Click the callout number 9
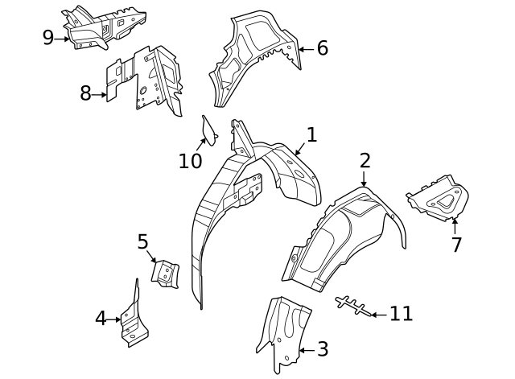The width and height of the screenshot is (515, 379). pos(48,38)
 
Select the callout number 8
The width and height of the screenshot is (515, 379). pos(85,93)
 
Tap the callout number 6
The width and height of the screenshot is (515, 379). pos(322,48)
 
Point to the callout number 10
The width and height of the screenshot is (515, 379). pos(190,161)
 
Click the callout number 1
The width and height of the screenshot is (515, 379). pos(311,135)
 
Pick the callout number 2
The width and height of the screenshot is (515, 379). pos(365,161)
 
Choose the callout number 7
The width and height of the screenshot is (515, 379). pos(456,245)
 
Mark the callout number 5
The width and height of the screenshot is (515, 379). pos(143,241)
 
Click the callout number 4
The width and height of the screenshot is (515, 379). pos(101,318)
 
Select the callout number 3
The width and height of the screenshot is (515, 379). pos(323,349)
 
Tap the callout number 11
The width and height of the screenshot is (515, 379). pos(401,314)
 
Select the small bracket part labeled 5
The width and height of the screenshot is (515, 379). pos(165,274)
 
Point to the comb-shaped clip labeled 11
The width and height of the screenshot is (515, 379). pos(352,306)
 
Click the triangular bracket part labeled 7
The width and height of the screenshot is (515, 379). pos(439,199)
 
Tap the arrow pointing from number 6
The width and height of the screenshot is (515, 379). pos(307,50)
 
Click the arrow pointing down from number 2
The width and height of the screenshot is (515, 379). pos(364,179)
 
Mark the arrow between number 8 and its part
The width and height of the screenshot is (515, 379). pos(99,95)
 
